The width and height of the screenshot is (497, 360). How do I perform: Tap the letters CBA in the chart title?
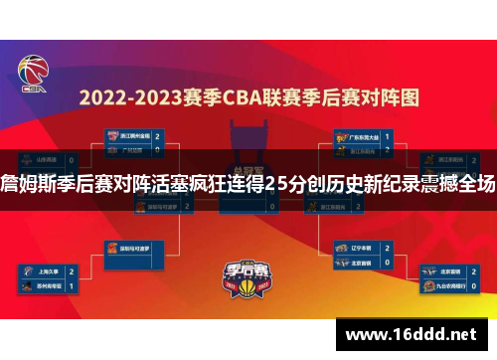pos(255,98)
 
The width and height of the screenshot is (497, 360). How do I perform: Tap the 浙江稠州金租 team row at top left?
pos(130,135)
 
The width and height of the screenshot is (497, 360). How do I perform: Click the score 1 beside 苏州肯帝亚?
pos(72,285)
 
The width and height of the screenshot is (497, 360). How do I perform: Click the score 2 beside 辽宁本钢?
pos(388,248)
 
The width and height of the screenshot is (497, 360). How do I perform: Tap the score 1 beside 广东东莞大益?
pos(388,135)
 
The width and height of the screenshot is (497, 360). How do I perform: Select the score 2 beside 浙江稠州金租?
pos(157,135)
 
